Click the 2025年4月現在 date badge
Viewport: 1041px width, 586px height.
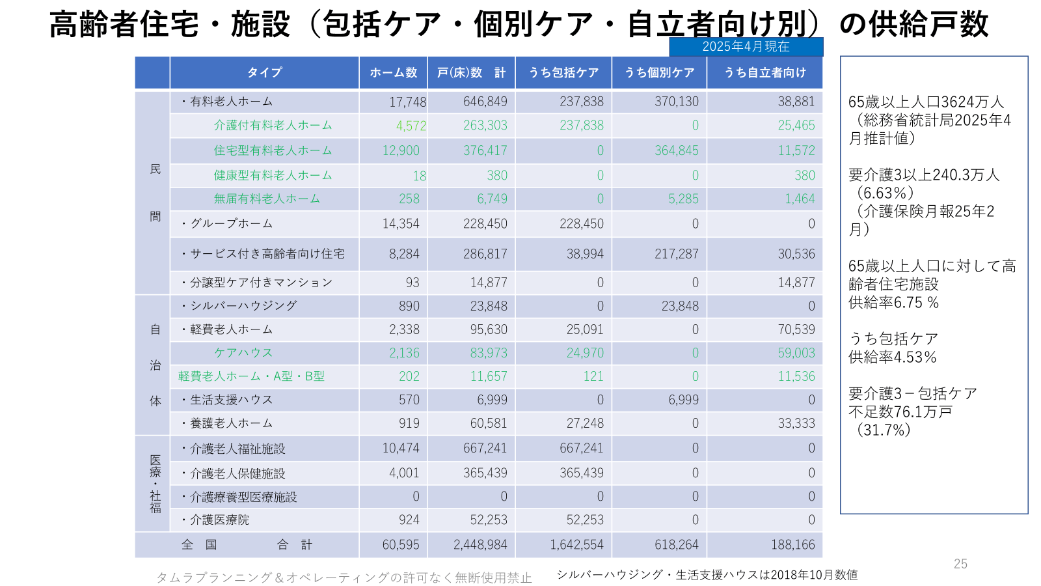(746, 46)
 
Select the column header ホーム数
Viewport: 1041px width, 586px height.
(393, 72)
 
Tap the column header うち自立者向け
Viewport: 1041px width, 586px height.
(764, 72)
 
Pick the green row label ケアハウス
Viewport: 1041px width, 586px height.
(243, 352)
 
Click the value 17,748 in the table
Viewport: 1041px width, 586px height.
(408, 102)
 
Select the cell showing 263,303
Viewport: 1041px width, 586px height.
(485, 125)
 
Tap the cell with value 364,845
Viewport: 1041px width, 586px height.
(676, 150)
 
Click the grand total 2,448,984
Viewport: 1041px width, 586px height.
(480, 544)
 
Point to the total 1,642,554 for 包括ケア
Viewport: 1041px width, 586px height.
(576, 544)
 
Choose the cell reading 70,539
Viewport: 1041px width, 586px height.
(796, 329)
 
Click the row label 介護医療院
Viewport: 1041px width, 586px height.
(219, 520)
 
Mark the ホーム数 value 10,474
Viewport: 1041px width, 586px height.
(401, 448)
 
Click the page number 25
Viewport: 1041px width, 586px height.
(960, 564)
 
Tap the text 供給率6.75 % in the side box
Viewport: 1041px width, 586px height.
(893, 302)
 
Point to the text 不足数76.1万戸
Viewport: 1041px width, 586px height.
(900, 412)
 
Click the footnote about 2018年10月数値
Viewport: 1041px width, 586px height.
(707, 574)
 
